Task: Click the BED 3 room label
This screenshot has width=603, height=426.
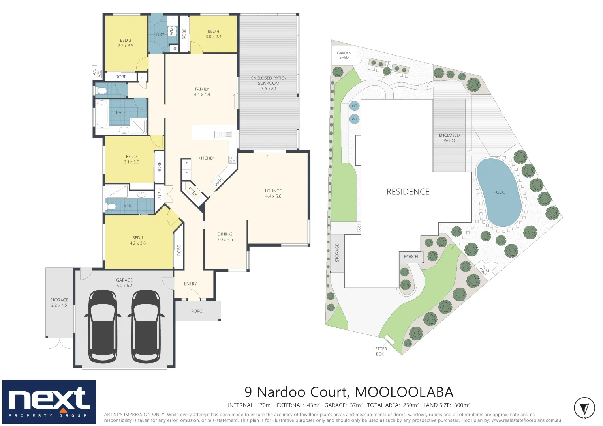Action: [x=126, y=43]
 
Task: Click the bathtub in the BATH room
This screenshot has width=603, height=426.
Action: [x=102, y=114]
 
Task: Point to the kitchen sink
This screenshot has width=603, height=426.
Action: [x=220, y=135]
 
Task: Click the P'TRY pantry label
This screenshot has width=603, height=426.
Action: [x=193, y=192]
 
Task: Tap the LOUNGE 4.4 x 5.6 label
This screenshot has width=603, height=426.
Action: [x=273, y=193]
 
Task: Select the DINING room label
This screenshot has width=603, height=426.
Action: [x=225, y=237]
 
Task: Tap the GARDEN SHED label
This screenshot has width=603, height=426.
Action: [x=344, y=55]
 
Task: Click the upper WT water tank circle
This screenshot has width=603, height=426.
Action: [x=354, y=106]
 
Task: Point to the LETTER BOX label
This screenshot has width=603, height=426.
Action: [x=380, y=351]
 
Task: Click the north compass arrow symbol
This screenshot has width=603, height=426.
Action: [x=584, y=407]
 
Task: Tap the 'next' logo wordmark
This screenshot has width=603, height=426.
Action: [x=48, y=399]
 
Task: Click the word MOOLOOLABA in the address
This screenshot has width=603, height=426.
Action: [x=404, y=392]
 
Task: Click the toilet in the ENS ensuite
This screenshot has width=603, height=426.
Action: [x=111, y=206]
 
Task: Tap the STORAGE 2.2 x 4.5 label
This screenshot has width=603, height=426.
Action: [x=59, y=303]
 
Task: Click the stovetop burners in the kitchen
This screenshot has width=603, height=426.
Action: [x=232, y=160]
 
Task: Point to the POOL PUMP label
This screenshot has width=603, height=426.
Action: [x=485, y=270]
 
